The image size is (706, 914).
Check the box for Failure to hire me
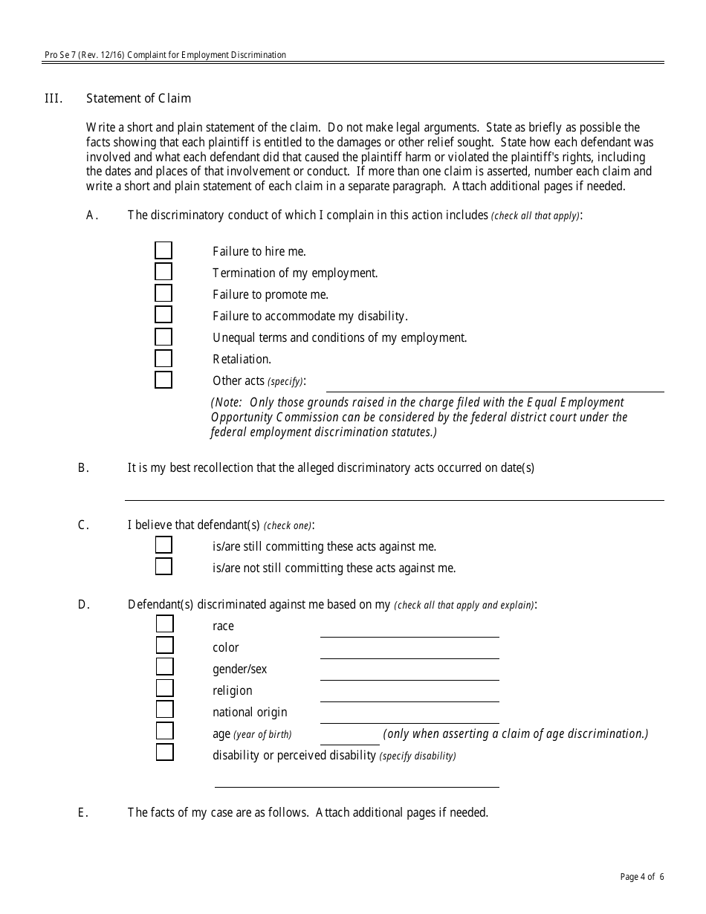(163, 250)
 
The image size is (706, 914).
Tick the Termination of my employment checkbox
(163, 272)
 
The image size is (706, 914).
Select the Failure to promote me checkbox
(163, 294)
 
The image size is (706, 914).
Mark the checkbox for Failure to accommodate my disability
(163, 315)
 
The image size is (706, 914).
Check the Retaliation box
(163, 359)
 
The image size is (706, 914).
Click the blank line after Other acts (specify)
(495, 384)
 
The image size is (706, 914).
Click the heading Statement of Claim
(138, 98)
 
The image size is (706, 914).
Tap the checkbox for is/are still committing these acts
(163, 545)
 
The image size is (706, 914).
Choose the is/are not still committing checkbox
(163, 567)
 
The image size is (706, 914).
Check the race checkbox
(164, 625)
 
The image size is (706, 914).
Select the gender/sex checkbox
(164, 667)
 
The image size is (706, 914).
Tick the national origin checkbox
(164, 710)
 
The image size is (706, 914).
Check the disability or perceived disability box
(164, 753)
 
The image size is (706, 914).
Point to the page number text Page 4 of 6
(642, 877)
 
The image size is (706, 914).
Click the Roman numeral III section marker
(54, 98)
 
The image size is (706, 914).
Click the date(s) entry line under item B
(394, 493)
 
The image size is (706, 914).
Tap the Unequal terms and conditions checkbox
(163, 337)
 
